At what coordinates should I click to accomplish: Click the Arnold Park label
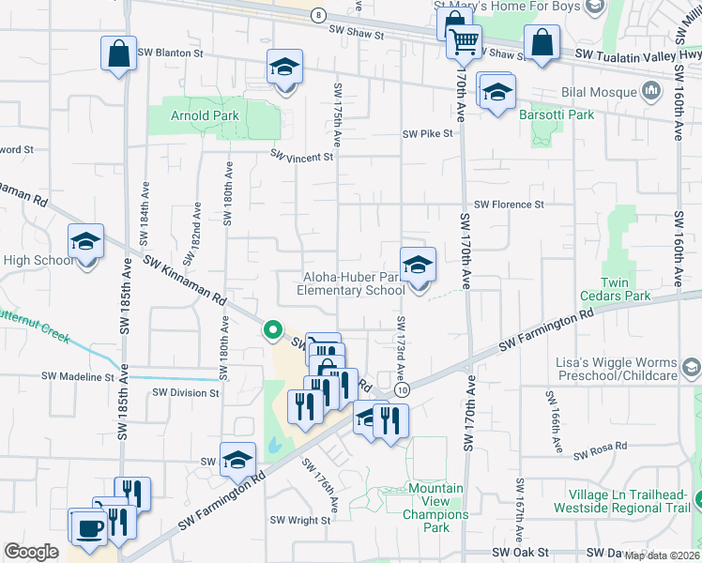pos(205,116)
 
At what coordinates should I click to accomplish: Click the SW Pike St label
pos(427,134)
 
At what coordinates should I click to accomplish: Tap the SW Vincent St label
pos(302,156)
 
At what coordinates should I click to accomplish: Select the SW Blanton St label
pos(170,53)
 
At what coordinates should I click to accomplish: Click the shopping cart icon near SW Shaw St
pos(463,41)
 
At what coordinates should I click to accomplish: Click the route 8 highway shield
pos(319,15)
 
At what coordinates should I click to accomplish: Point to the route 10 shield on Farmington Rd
pos(402,389)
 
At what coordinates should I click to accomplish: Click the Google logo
pos(31,552)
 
